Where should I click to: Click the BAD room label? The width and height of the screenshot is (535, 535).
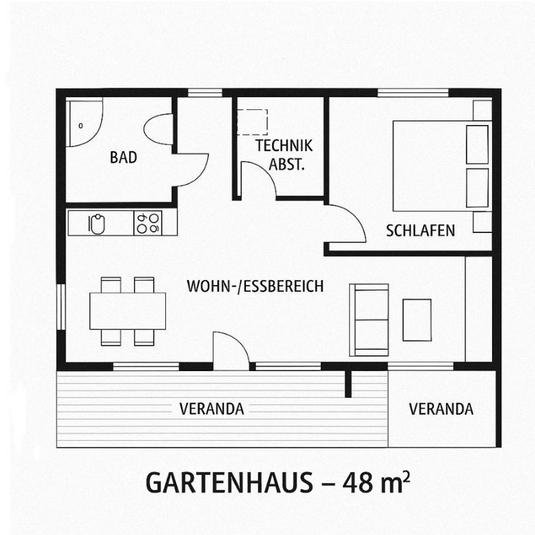[x=124, y=157]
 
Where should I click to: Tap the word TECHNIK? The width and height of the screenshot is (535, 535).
[x=284, y=146]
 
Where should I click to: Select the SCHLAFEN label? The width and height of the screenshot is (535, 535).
[x=420, y=231]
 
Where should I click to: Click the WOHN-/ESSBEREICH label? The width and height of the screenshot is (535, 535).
[x=255, y=286]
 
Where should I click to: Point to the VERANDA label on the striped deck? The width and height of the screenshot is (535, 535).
[x=212, y=409]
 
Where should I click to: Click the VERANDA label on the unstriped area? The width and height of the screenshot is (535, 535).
[x=441, y=409]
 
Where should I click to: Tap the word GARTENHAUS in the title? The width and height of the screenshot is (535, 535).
[x=229, y=482]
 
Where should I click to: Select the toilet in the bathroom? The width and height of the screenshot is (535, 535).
[x=159, y=129]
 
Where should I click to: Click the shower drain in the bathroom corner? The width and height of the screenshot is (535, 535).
[x=81, y=126]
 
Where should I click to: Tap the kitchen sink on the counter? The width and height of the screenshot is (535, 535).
[x=96, y=224]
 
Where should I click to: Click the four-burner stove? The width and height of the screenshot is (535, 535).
[x=148, y=223]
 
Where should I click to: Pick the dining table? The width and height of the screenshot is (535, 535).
[x=128, y=311]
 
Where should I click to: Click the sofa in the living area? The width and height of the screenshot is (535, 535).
[x=369, y=320]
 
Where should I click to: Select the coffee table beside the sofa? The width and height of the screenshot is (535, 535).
[x=417, y=320]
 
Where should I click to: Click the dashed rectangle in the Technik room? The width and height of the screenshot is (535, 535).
[x=252, y=122]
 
